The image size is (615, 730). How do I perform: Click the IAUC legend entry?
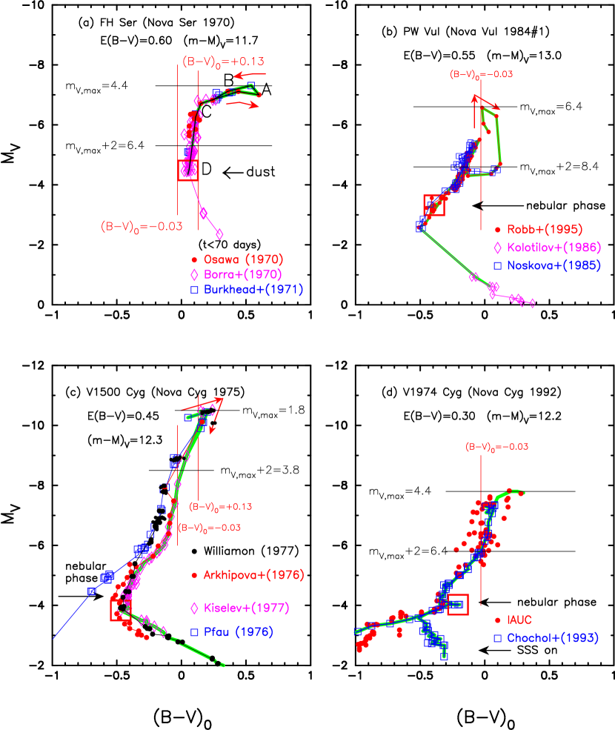pos(519,620)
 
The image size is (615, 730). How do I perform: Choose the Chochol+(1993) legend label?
pos(552,637)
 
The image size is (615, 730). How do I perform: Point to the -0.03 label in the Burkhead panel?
pos(142,227)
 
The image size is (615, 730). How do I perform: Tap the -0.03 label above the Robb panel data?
pos(482,75)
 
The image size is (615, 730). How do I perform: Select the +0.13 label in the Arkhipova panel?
pos(221,507)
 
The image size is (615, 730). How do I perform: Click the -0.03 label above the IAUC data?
pos(496,447)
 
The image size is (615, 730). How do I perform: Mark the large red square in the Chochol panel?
pos(458,605)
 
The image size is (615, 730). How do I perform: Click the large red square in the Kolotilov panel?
pos(433,205)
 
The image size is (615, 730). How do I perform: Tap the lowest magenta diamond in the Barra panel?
pos(219,234)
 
